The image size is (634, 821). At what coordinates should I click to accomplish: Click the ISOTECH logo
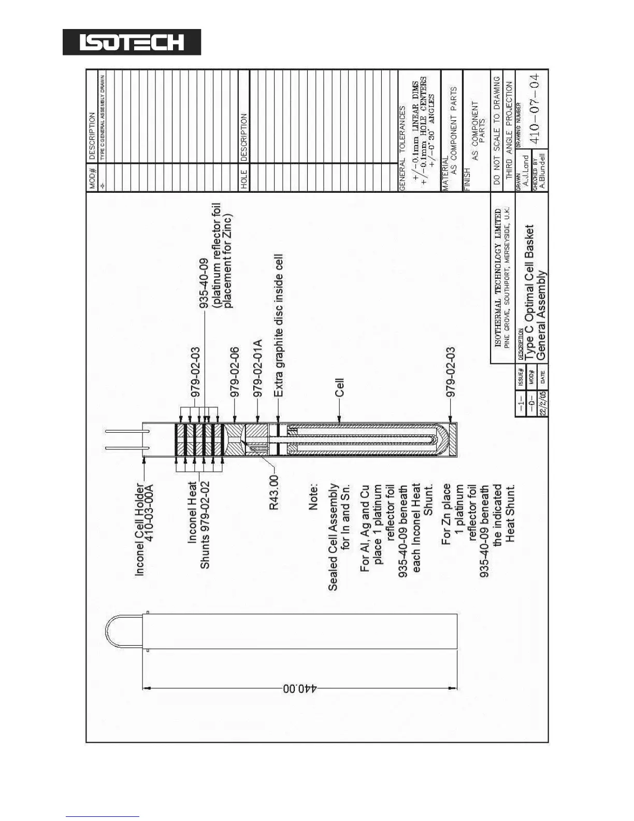[x=132, y=42]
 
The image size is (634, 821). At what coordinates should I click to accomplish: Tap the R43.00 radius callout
[x=274, y=492]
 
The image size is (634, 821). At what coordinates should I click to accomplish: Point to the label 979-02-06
[x=235, y=372]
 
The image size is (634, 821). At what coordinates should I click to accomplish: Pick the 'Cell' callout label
[x=339, y=387]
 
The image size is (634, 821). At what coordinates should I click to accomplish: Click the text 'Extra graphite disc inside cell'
[x=279, y=325]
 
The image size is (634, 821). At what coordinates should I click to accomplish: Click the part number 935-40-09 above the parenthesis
[x=204, y=284]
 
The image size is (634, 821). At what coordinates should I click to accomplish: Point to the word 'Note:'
[x=314, y=497]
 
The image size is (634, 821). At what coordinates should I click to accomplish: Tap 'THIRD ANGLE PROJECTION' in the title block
[x=509, y=130]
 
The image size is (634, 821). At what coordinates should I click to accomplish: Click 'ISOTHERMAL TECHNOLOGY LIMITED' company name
[x=498, y=278]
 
